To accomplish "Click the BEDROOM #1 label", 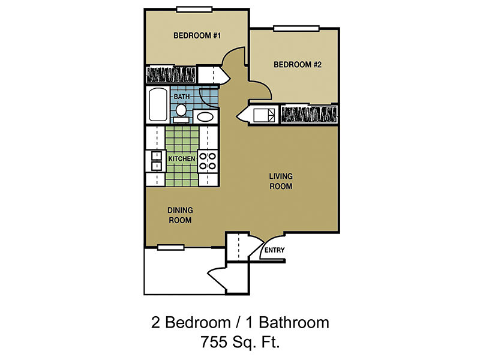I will (197, 36).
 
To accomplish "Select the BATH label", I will (182, 97).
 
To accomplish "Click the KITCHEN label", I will (182, 158).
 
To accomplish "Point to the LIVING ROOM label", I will (280, 181).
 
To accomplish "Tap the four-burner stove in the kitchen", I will (208, 159).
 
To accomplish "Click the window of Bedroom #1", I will (194, 8).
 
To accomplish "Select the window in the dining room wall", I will (170, 247).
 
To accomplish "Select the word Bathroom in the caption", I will (296, 323).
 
